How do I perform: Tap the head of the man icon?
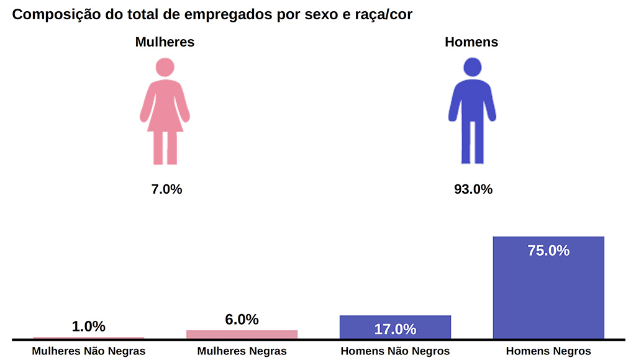pos(473,67)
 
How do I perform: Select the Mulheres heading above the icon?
pos(165,42)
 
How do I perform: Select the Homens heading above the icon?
pos(471,42)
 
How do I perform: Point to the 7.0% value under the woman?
pos(166,189)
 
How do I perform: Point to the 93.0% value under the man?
pos(473,189)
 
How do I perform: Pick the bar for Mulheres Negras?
pos(242,334)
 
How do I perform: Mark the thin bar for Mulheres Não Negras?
pos(88,338)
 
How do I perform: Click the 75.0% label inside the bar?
pos(548,251)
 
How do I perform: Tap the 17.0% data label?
pos(395,329)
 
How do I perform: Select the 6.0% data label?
pos(242,320)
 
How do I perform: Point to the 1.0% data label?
pos(89,326)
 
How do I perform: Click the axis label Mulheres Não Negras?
pos(89,351)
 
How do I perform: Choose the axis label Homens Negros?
pos(548,351)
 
